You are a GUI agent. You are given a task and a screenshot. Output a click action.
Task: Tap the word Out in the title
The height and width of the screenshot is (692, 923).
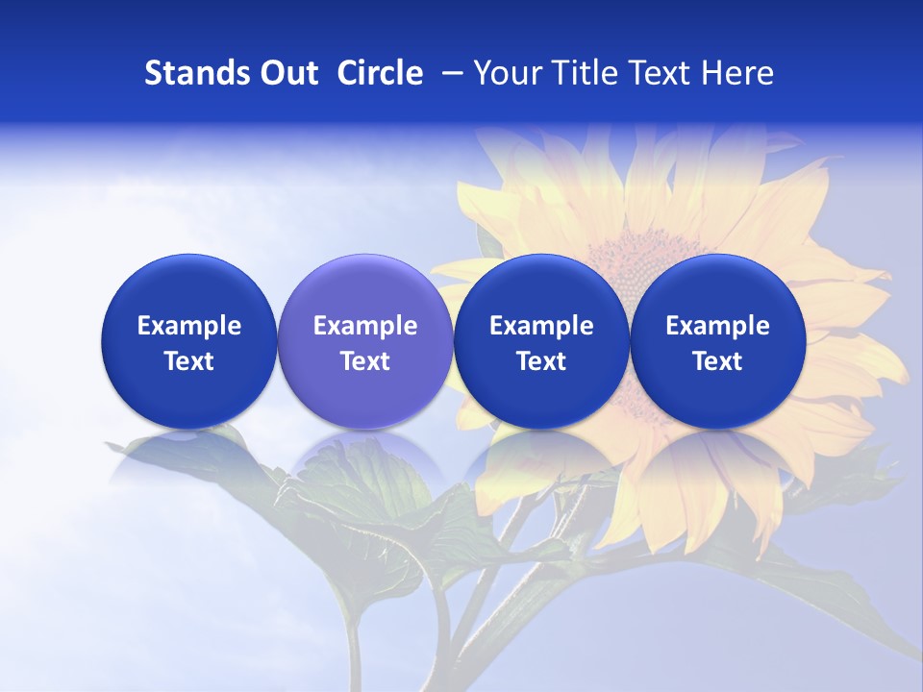tap(287, 73)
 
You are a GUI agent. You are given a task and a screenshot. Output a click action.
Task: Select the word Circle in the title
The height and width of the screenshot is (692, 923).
tap(380, 73)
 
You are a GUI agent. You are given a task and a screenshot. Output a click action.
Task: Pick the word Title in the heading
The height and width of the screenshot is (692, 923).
tap(582, 73)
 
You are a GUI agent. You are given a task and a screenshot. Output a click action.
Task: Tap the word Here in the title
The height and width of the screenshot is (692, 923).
tap(738, 73)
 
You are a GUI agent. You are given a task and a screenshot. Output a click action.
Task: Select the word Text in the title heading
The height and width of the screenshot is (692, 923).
tap(660, 73)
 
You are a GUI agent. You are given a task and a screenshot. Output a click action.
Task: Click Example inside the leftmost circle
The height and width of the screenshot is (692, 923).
tap(188, 326)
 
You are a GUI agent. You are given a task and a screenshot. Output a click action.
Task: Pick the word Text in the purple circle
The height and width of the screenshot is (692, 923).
tap(365, 361)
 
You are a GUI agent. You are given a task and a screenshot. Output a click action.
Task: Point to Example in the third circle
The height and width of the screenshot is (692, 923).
tap(541, 326)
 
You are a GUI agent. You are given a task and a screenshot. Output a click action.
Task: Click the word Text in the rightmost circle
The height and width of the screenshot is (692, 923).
tap(717, 361)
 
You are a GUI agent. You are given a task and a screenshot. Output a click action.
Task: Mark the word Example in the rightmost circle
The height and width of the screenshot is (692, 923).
tap(717, 326)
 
